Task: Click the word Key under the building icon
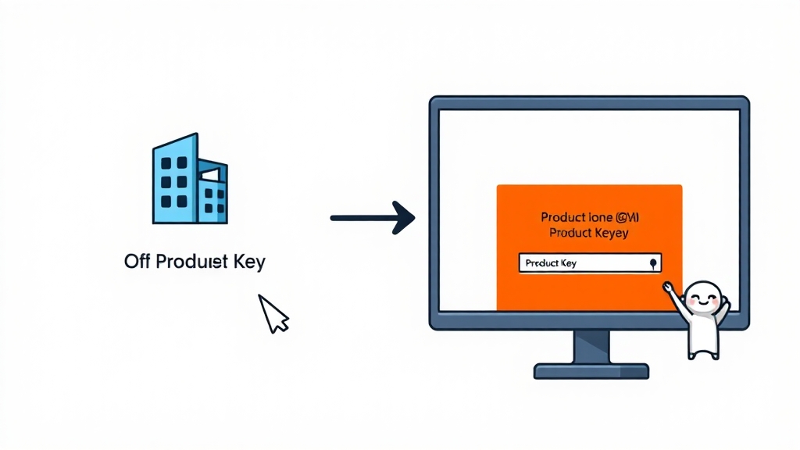tap(248, 262)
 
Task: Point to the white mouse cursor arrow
tap(272, 312)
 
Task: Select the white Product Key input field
tap(590, 263)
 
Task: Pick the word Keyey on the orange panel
tap(610, 233)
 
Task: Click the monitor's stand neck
tap(591, 346)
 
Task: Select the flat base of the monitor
tap(591, 370)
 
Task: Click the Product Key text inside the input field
tap(551, 263)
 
